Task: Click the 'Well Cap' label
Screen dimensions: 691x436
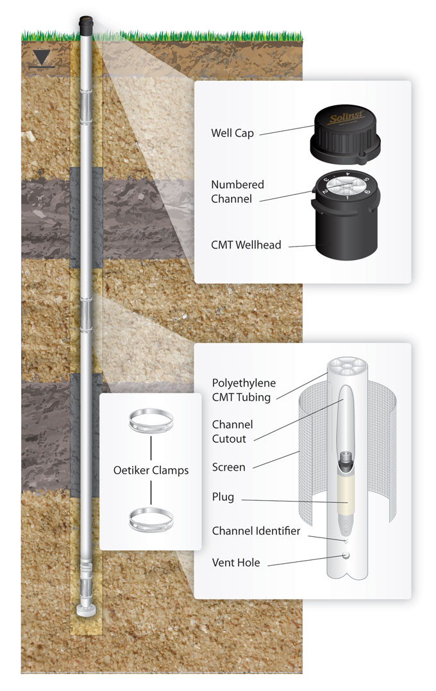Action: tap(232, 134)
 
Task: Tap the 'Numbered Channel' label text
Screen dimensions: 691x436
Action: tap(237, 191)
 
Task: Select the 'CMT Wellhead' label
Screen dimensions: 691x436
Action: tap(246, 245)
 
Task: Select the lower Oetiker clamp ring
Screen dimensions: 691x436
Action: tap(151, 519)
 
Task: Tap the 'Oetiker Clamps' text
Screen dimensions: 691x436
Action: tap(151, 470)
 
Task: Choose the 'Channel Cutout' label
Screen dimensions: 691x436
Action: tap(232, 431)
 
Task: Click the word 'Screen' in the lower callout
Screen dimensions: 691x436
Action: tap(228, 468)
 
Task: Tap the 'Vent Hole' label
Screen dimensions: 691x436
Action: tap(235, 563)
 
